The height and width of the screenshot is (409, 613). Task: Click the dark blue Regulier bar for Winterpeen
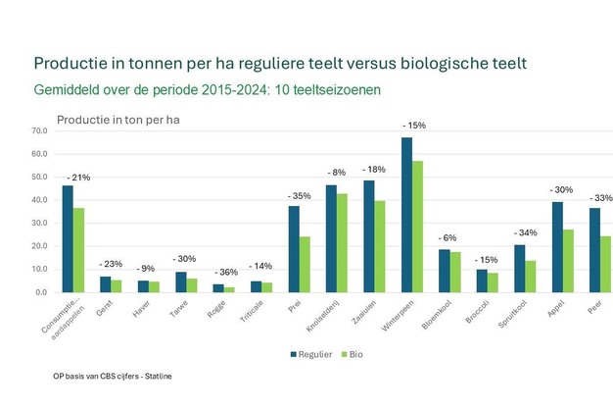405,216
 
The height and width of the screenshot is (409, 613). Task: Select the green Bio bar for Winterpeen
418,227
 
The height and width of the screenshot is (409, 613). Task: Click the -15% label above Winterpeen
413,126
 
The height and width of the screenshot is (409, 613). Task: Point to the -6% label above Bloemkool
449,237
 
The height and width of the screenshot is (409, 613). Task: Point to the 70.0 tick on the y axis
39,130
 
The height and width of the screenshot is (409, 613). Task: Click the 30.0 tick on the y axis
39,223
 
